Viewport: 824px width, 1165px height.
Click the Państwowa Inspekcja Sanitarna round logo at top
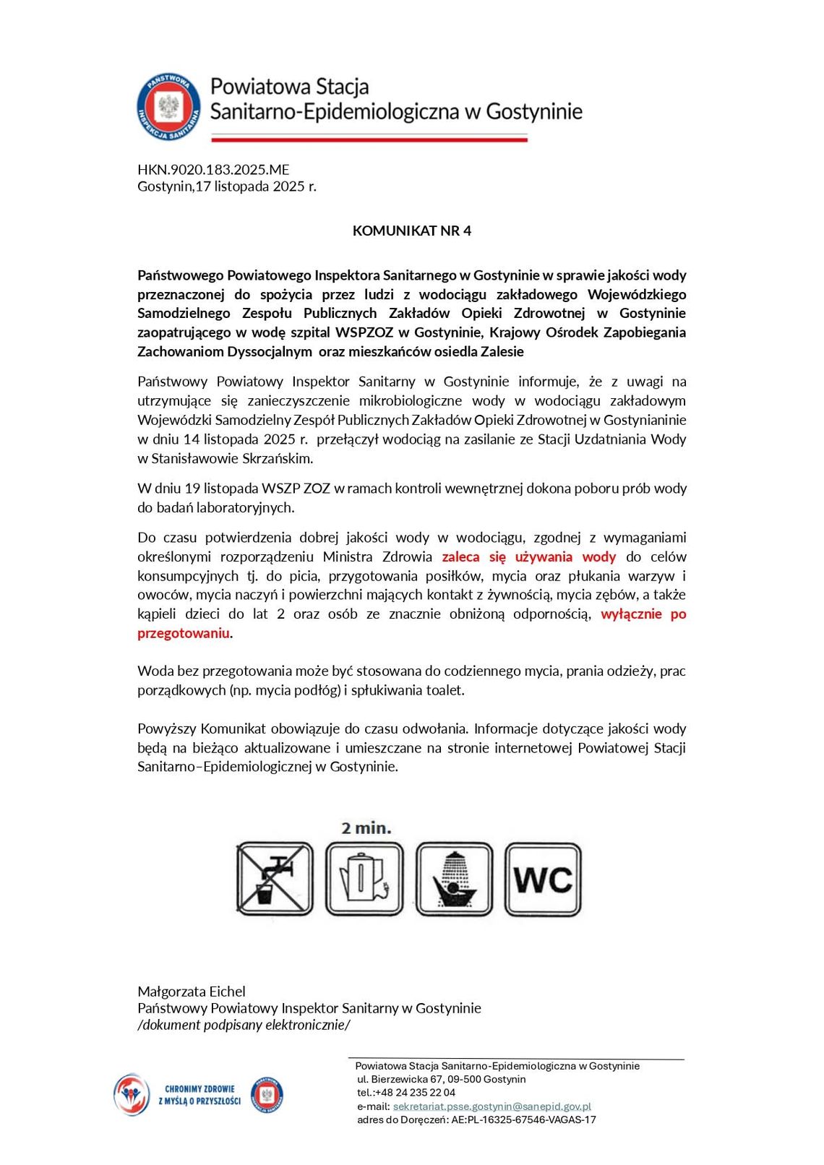(x=168, y=106)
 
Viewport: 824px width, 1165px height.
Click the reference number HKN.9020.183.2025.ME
(x=213, y=170)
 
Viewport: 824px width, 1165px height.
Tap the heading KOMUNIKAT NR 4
(x=411, y=231)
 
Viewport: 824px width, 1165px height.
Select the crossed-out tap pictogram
(x=275, y=879)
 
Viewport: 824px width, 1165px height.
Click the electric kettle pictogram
(x=364, y=879)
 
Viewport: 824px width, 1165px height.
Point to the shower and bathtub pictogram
(x=454, y=879)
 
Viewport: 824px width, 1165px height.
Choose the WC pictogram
(x=542, y=879)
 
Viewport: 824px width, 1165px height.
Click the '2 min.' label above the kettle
(x=366, y=828)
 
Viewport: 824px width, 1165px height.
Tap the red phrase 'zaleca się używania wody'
(x=528, y=557)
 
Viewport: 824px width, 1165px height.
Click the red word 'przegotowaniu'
(x=184, y=634)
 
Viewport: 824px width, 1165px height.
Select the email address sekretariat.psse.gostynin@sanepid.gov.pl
(x=492, y=1106)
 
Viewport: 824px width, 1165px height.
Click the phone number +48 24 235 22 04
(x=415, y=1093)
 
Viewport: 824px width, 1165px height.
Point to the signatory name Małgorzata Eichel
(x=192, y=992)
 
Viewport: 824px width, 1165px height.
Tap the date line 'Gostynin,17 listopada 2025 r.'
(x=227, y=186)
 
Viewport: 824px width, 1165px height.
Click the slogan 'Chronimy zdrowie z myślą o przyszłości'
(x=199, y=1095)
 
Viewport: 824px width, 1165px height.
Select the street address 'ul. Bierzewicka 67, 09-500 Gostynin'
(x=441, y=1079)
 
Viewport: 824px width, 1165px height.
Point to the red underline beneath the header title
(x=369, y=137)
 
